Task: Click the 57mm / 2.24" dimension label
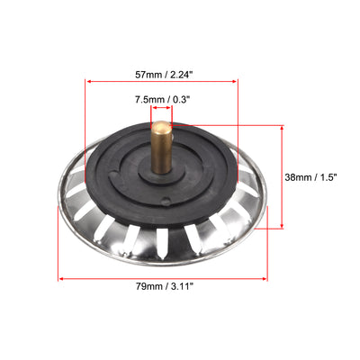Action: [x=163, y=75]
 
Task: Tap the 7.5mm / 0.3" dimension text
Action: [x=162, y=99]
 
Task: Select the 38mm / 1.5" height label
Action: [x=310, y=177]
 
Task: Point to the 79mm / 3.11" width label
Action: [x=163, y=286]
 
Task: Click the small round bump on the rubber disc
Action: [x=166, y=201]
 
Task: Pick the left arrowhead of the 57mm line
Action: [x=87, y=81]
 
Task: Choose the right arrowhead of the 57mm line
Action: [x=235, y=81]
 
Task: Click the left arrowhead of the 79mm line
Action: [x=60, y=279]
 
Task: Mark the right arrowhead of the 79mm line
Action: [x=265, y=279]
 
